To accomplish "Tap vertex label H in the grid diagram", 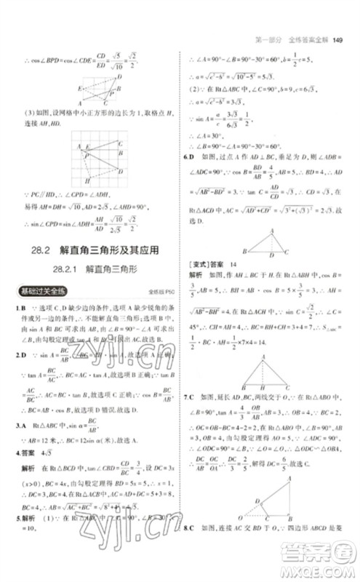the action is click(x=87, y=180).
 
